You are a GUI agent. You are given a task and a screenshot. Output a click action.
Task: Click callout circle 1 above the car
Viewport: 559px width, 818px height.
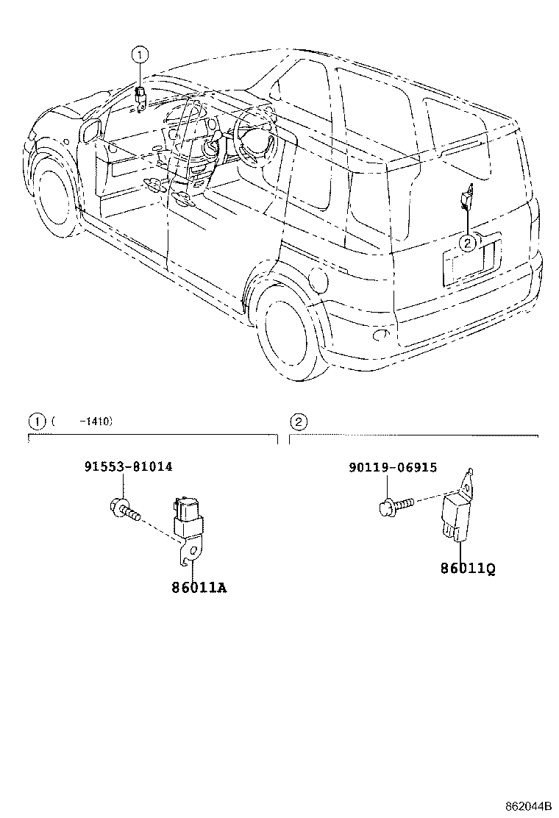(140, 54)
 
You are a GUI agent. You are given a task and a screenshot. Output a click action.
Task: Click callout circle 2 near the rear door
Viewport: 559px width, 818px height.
(466, 243)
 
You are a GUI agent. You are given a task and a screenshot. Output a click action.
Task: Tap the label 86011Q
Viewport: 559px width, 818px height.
(463, 569)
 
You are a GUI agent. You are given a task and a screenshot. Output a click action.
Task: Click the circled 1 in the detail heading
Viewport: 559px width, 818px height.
(35, 422)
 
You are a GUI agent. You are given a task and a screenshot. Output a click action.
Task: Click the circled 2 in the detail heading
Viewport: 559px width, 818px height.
(298, 422)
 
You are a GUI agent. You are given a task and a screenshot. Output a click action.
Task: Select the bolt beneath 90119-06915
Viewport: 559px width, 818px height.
(394, 506)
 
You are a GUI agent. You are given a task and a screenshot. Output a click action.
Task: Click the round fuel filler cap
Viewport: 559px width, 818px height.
(319, 279)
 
